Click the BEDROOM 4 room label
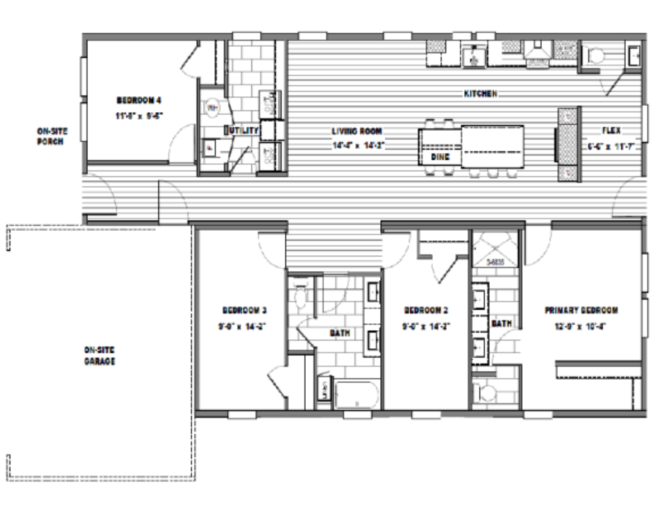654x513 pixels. (x=138, y=100)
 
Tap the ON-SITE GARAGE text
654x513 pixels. (x=99, y=356)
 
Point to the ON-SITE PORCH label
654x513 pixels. (x=51, y=136)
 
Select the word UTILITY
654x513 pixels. (x=243, y=131)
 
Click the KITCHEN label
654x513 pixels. (x=480, y=94)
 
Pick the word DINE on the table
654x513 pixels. (x=440, y=156)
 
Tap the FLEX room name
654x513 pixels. (x=611, y=131)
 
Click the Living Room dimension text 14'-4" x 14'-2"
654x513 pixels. (x=357, y=145)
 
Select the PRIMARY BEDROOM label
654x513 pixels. (x=581, y=310)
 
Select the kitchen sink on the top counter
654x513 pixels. (x=474, y=56)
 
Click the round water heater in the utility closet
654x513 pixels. (x=213, y=106)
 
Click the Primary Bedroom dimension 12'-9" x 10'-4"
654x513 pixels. (x=581, y=326)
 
